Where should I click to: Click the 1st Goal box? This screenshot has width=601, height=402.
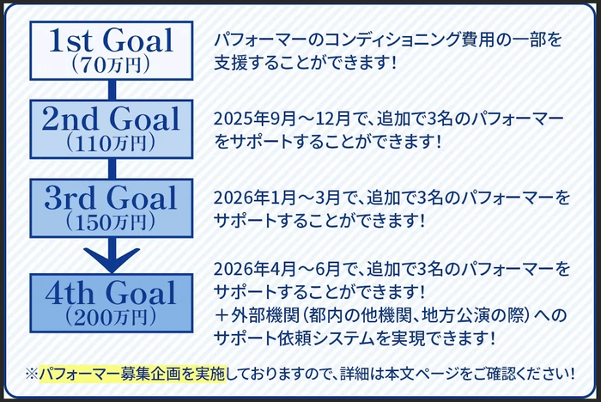click(x=111, y=49)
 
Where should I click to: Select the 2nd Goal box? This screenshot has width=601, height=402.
click(x=111, y=128)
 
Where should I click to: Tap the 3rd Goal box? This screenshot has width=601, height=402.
click(x=111, y=207)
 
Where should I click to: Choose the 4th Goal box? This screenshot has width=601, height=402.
click(x=111, y=301)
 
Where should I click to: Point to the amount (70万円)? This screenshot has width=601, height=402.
click(x=111, y=64)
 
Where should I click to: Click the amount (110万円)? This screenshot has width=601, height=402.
click(x=111, y=143)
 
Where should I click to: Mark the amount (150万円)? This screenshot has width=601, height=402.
click(x=111, y=222)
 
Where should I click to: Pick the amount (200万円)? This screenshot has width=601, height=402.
click(x=111, y=316)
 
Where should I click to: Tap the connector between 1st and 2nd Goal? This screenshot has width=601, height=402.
click(x=111, y=87)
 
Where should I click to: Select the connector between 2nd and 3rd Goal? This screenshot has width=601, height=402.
click(x=111, y=167)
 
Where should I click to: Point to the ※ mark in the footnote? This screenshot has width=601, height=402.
click(x=32, y=374)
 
